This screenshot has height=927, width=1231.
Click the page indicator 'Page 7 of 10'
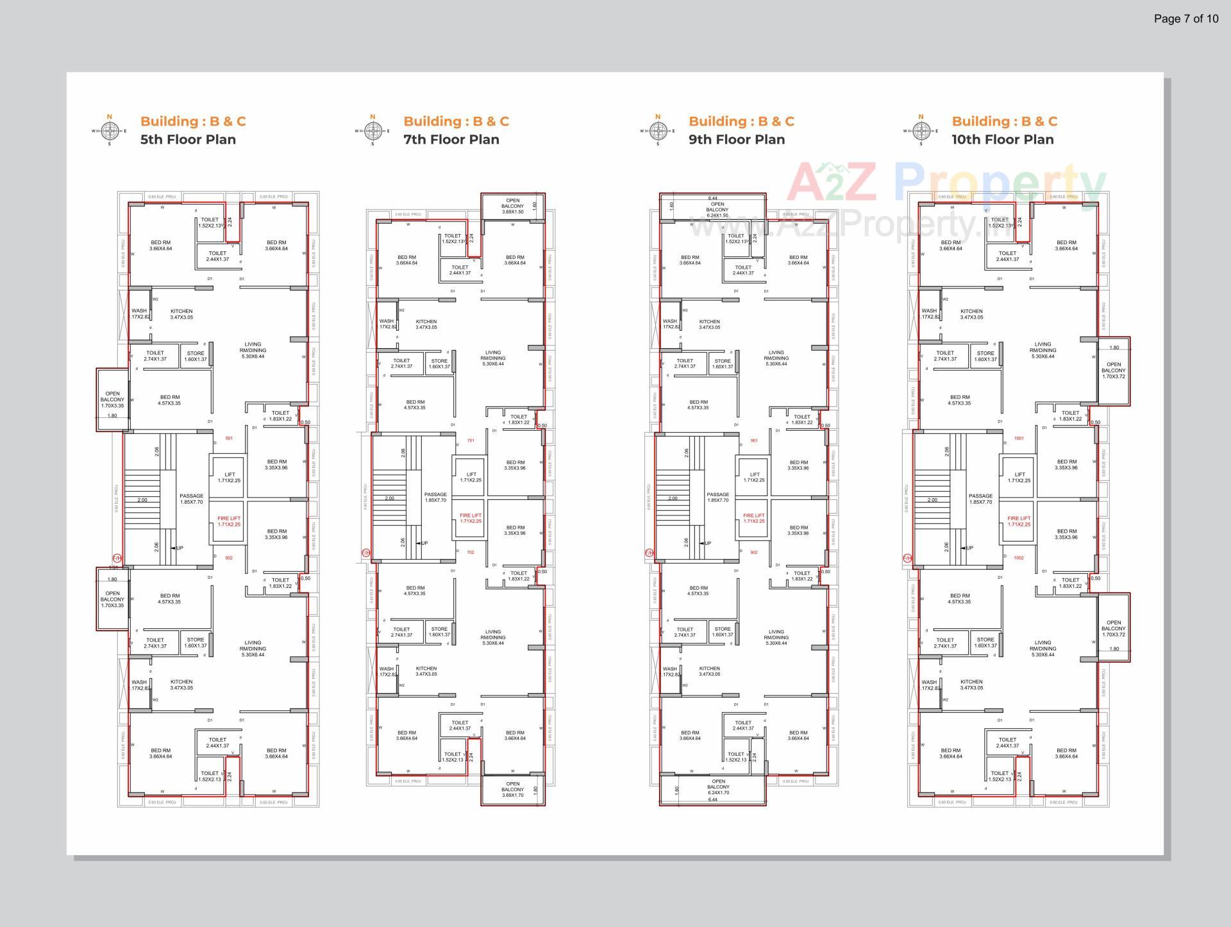(x=1185, y=19)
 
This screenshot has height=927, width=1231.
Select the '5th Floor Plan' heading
(x=188, y=140)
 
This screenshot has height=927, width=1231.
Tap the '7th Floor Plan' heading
(x=451, y=140)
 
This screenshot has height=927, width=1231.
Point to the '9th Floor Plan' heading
(x=736, y=140)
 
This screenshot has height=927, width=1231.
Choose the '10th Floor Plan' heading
(x=1002, y=140)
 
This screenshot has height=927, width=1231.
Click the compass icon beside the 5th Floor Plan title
(x=110, y=131)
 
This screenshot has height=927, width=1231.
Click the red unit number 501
(x=229, y=438)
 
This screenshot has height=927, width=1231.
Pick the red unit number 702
(x=470, y=552)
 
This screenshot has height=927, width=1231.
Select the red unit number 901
(x=753, y=440)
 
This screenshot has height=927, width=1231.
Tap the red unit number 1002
(x=1019, y=558)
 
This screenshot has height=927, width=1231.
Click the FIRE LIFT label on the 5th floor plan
(x=229, y=521)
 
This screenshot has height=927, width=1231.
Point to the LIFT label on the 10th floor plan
(x=1019, y=478)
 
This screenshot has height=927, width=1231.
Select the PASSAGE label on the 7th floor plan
(x=435, y=497)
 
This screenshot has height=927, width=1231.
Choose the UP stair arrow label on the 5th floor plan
(x=180, y=548)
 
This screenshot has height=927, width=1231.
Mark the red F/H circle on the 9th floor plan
(x=648, y=552)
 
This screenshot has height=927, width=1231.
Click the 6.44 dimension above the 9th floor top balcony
(x=712, y=199)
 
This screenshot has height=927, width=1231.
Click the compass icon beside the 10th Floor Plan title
(x=921, y=131)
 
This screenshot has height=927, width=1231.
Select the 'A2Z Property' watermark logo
(x=946, y=183)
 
